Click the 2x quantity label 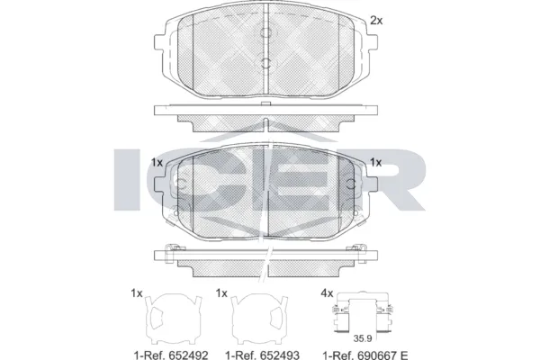pyautogui.click(x=376, y=19)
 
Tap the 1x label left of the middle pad pyautogui.click(x=157, y=163)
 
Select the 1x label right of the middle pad pyautogui.click(x=375, y=163)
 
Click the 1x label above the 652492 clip pyautogui.click(x=137, y=293)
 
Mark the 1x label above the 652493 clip pyautogui.click(x=222, y=293)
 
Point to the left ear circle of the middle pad pyautogui.click(x=180, y=187)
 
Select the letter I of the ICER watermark pyautogui.click(x=129, y=181)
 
